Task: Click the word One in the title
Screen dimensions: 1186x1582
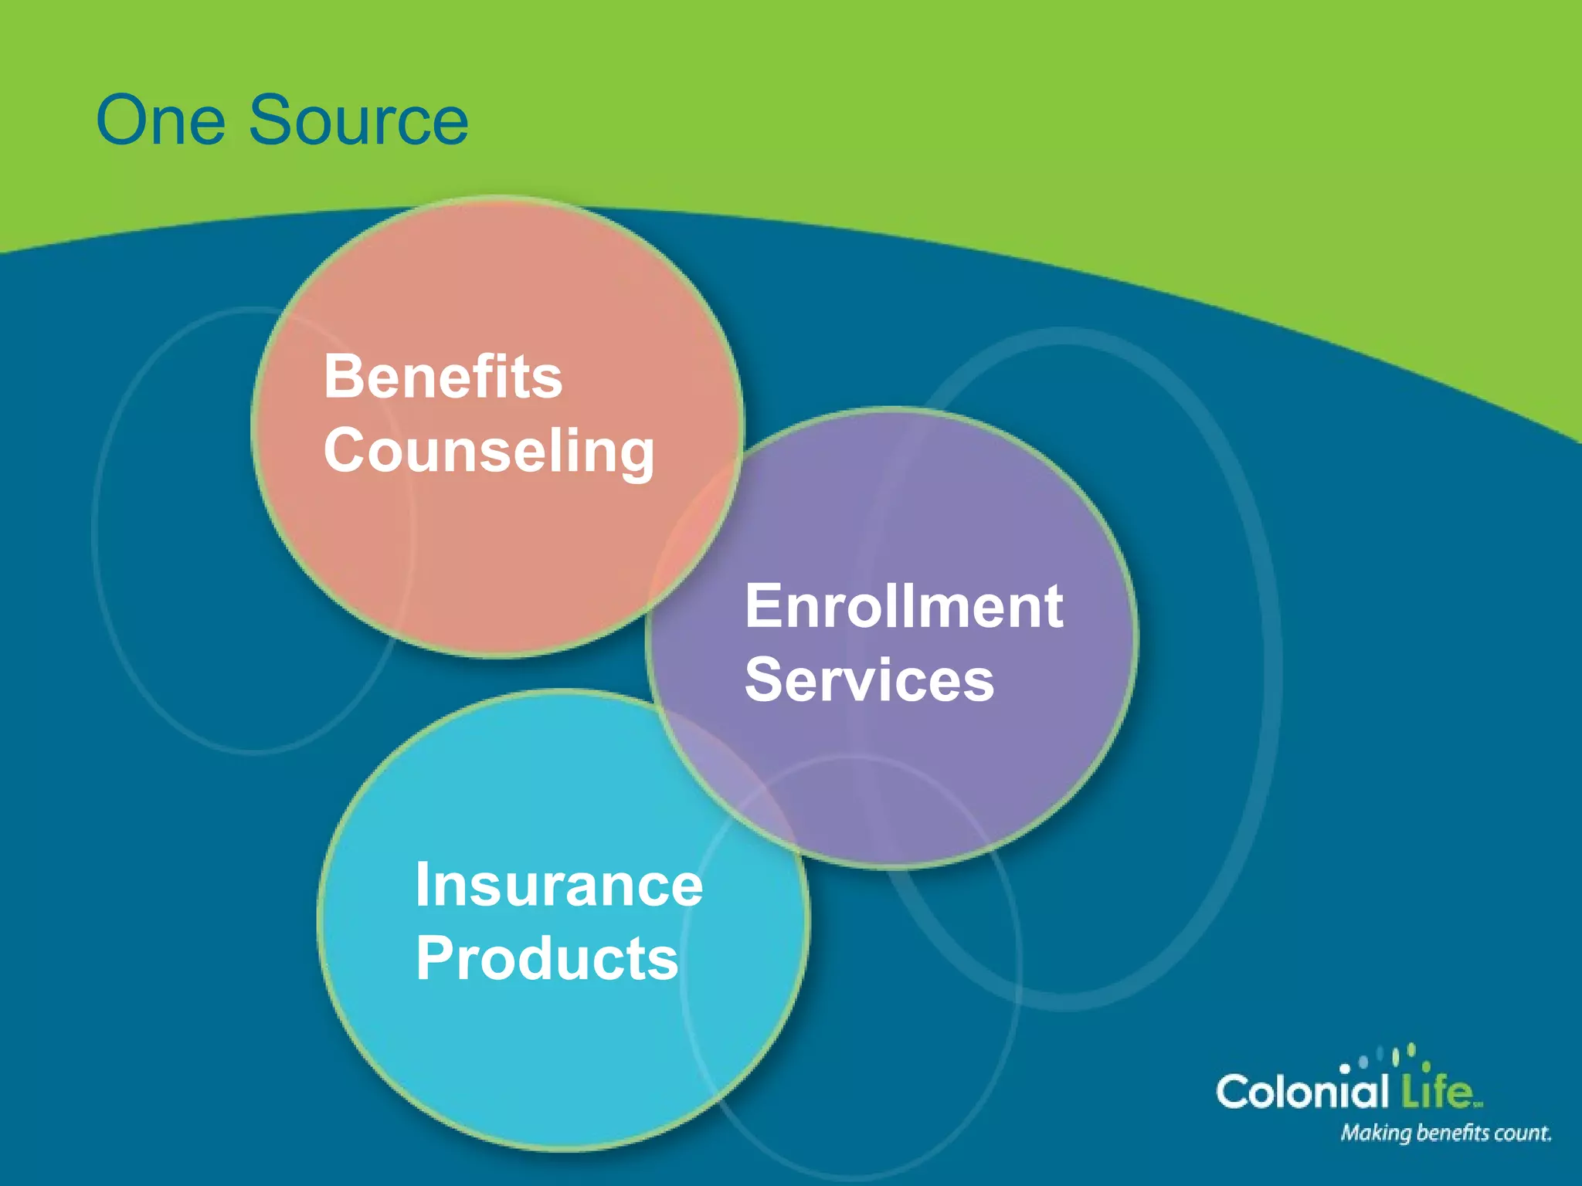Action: pyautogui.click(x=161, y=121)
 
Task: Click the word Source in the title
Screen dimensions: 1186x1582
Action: pyautogui.click(x=358, y=121)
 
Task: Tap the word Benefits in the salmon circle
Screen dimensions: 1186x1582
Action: pyautogui.click(x=443, y=377)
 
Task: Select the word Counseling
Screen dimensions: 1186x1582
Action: pyautogui.click(x=489, y=452)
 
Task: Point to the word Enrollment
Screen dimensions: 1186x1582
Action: pyautogui.click(x=904, y=607)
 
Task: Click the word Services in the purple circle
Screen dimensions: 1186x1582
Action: pyautogui.click(x=869, y=680)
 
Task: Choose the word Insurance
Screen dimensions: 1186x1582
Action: pyautogui.click(x=558, y=885)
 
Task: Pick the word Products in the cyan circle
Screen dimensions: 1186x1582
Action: pyautogui.click(x=547, y=959)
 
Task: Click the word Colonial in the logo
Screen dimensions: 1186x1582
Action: pyautogui.click(x=1302, y=1091)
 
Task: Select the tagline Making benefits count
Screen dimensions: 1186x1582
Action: pyautogui.click(x=1445, y=1133)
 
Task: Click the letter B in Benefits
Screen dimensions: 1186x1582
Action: pyautogui.click(x=343, y=377)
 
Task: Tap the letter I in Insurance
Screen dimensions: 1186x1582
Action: pyautogui.click(x=423, y=885)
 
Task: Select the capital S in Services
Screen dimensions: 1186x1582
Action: pyautogui.click(x=765, y=680)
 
